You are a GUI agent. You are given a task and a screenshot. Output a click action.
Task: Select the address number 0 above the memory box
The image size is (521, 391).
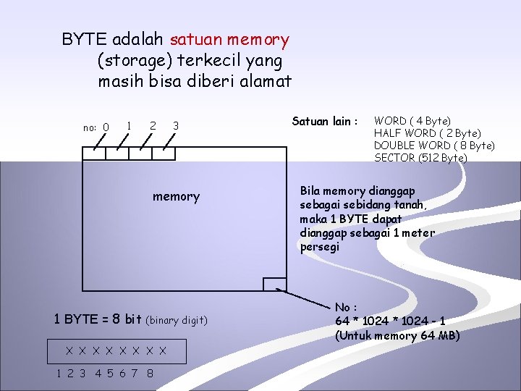click(x=106, y=127)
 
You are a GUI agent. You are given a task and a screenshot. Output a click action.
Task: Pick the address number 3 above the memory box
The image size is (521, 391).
click(x=176, y=126)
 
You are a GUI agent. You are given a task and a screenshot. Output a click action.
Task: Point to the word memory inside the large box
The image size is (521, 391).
click(x=176, y=196)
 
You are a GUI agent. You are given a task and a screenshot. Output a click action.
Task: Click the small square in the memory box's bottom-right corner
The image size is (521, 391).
click(x=274, y=284)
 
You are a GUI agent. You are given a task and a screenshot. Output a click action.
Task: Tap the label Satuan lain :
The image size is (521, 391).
click(x=325, y=122)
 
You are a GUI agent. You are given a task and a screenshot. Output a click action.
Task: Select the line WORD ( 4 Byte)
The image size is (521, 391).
click(x=412, y=120)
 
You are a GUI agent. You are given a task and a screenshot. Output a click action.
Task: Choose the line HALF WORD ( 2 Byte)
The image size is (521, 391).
click(x=427, y=133)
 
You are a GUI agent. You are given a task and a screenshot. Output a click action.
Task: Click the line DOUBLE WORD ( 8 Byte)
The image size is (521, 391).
click(x=434, y=145)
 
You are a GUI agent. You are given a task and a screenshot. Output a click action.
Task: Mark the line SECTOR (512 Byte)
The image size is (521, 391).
click(x=420, y=157)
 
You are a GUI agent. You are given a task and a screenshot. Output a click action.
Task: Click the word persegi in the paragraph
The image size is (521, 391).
click(x=319, y=246)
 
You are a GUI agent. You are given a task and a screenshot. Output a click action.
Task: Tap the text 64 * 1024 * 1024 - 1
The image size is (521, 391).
click(x=390, y=321)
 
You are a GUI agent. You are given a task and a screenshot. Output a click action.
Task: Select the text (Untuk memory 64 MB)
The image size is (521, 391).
click(x=397, y=335)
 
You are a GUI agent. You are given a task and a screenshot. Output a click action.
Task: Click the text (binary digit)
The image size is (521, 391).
click(x=177, y=320)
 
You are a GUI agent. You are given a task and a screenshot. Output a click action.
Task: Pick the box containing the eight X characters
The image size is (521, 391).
click(x=116, y=351)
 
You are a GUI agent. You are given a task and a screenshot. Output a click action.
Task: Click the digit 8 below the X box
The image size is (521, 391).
click(x=149, y=374)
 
